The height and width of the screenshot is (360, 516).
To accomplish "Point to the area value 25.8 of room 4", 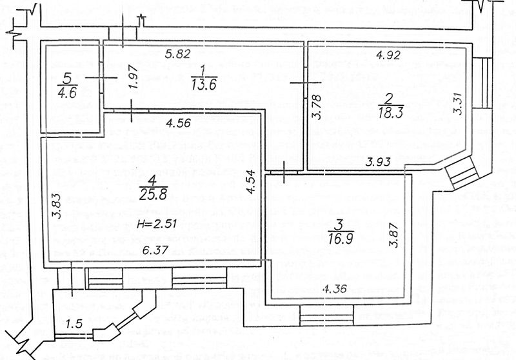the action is pos(152,192).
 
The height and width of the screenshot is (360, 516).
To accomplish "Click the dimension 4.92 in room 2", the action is pos(389,55).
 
